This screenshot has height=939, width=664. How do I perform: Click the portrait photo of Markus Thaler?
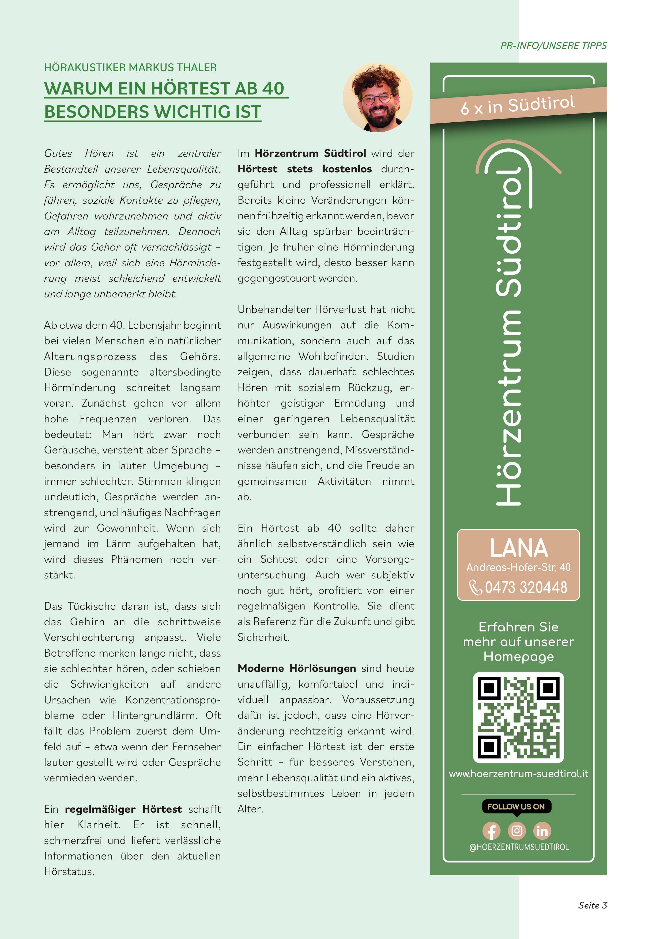[x=377, y=97]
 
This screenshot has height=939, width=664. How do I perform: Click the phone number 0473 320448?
[x=526, y=588]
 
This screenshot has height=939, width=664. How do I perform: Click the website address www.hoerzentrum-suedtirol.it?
[x=518, y=774]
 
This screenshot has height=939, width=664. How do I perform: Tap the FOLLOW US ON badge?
[x=516, y=807]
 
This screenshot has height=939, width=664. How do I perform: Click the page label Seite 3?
[x=593, y=906]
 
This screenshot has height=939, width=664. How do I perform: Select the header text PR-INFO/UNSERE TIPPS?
[x=553, y=46]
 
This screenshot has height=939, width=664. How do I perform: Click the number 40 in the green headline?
[x=273, y=88]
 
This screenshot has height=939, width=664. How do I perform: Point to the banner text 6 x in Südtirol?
[x=518, y=105]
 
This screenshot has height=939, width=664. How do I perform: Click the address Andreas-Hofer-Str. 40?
[x=518, y=567]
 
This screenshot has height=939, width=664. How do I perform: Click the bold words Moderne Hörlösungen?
[x=297, y=668]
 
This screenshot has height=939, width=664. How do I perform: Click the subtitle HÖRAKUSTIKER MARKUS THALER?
[x=130, y=67]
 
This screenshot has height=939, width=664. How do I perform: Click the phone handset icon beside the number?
[x=476, y=588]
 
